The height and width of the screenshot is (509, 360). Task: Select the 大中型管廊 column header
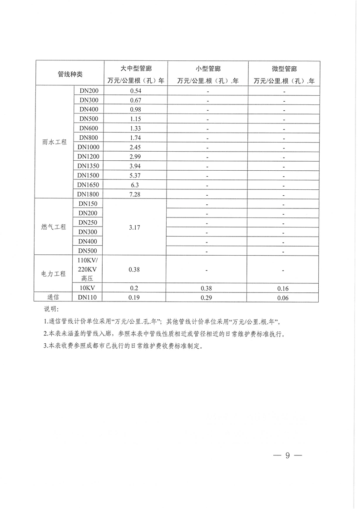[136, 69]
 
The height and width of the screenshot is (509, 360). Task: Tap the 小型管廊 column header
[208, 69]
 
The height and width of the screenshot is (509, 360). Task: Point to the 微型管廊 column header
[284, 69]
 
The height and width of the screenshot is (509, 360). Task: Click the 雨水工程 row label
[54, 142]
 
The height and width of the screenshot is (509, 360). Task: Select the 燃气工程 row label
[54, 227]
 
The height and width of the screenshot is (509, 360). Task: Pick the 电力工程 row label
[54, 274]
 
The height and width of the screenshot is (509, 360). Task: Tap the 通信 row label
[54, 297]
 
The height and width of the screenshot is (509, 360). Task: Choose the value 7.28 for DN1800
[136, 194]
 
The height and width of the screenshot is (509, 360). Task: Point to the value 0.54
[136, 90]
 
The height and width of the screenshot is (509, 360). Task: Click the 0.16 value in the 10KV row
[284, 288]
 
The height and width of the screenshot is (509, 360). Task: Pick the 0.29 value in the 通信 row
[208, 298]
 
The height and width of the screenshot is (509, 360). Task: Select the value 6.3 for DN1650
[136, 185]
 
